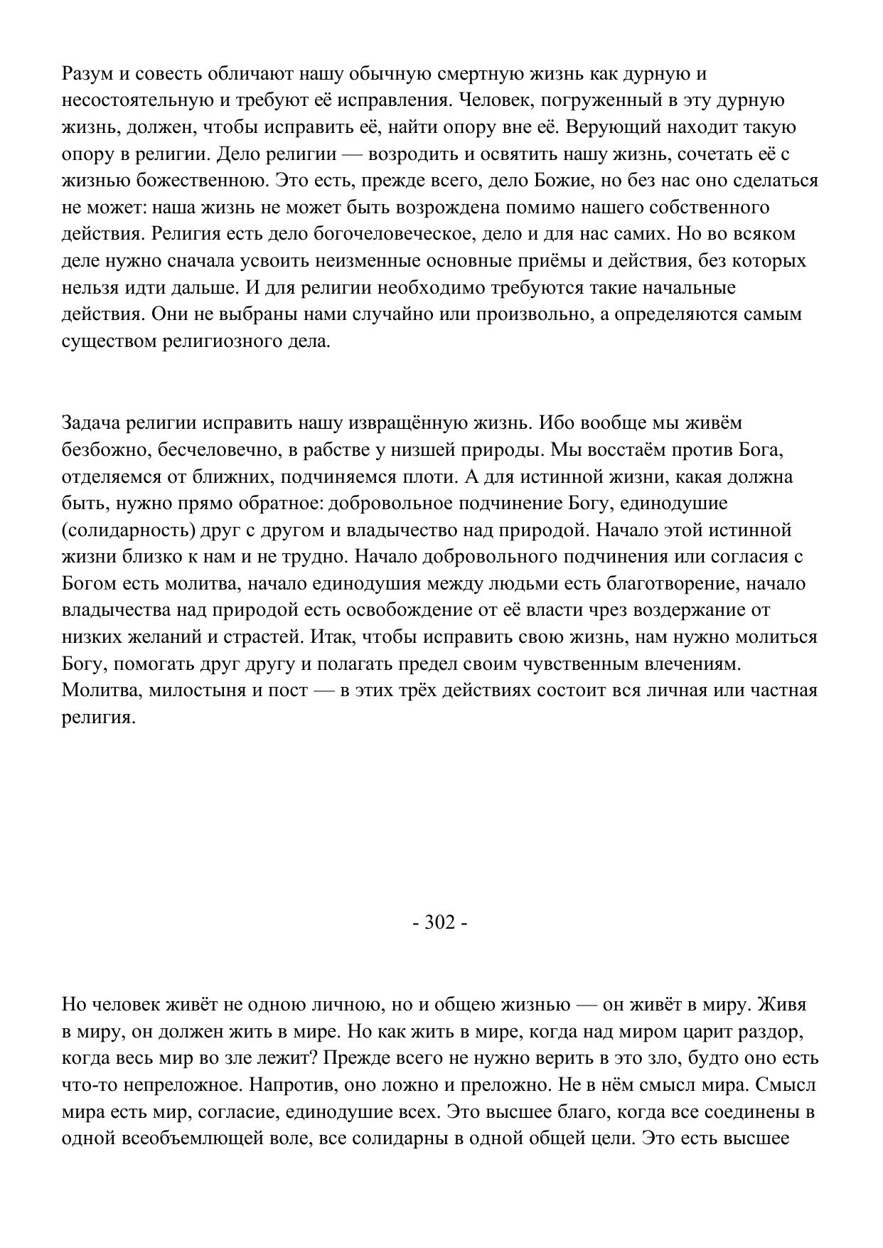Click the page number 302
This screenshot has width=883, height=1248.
(x=439, y=923)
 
